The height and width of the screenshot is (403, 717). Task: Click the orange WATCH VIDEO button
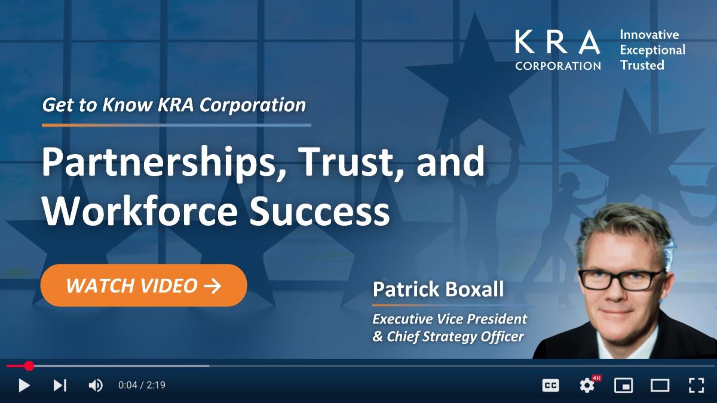coord(144,285)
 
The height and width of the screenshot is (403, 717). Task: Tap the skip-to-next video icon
coord(60,386)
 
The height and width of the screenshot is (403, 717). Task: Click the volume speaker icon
coord(96,386)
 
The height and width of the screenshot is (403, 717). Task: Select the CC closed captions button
coord(550,386)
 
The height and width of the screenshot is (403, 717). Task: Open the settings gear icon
coord(587,386)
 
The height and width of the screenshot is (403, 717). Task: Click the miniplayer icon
coord(623,386)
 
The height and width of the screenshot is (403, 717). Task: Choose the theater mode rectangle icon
coord(660,386)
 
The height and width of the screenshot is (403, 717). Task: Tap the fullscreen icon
coord(696,385)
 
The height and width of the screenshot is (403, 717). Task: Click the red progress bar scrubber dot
coord(29,366)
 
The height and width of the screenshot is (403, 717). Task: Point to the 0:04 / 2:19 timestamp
coord(142,384)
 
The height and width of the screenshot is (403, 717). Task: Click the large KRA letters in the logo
coord(557,42)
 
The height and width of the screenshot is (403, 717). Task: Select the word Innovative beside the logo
coord(649,35)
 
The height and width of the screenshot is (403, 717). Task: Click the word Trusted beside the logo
coord(642,65)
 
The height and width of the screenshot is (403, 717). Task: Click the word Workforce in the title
coord(140,211)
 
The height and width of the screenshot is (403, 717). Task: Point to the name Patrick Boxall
coord(438,289)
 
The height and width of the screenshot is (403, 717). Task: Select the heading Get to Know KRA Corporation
coord(174,105)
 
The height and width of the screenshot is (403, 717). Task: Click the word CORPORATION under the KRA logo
coord(558,66)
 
